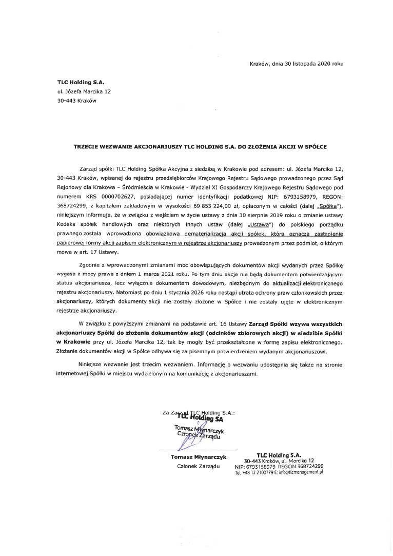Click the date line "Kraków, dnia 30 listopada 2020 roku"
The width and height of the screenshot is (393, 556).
point(296,64)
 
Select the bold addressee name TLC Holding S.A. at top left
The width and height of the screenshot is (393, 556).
point(77,82)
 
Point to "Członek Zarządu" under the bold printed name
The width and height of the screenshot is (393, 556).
point(198,466)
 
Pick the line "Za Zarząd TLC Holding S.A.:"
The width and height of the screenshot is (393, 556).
point(198,412)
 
